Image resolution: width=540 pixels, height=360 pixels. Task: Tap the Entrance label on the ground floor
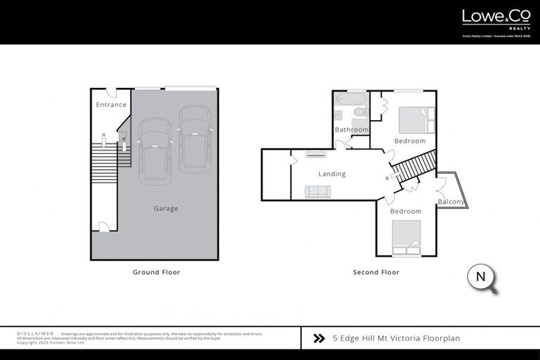pyautogui.click(x=111, y=105)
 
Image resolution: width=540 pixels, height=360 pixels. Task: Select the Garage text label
pyautogui.click(x=166, y=208)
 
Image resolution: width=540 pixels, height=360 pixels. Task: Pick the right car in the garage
pyautogui.click(x=195, y=139)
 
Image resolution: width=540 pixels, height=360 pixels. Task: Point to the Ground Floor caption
pyautogui.click(x=156, y=272)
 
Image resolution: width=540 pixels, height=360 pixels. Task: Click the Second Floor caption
pyautogui.click(x=375, y=272)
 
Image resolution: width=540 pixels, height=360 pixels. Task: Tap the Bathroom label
pyautogui.click(x=351, y=130)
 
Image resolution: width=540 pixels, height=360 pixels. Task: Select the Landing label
pyautogui.click(x=331, y=174)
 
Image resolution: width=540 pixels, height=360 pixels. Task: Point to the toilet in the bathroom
pyautogui.click(x=359, y=111)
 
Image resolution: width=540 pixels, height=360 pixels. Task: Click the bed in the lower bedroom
pyautogui.click(x=406, y=238)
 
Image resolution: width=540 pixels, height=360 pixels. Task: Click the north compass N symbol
pyautogui.click(x=481, y=276)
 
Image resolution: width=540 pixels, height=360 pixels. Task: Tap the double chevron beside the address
pyautogui.click(x=319, y=338)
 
